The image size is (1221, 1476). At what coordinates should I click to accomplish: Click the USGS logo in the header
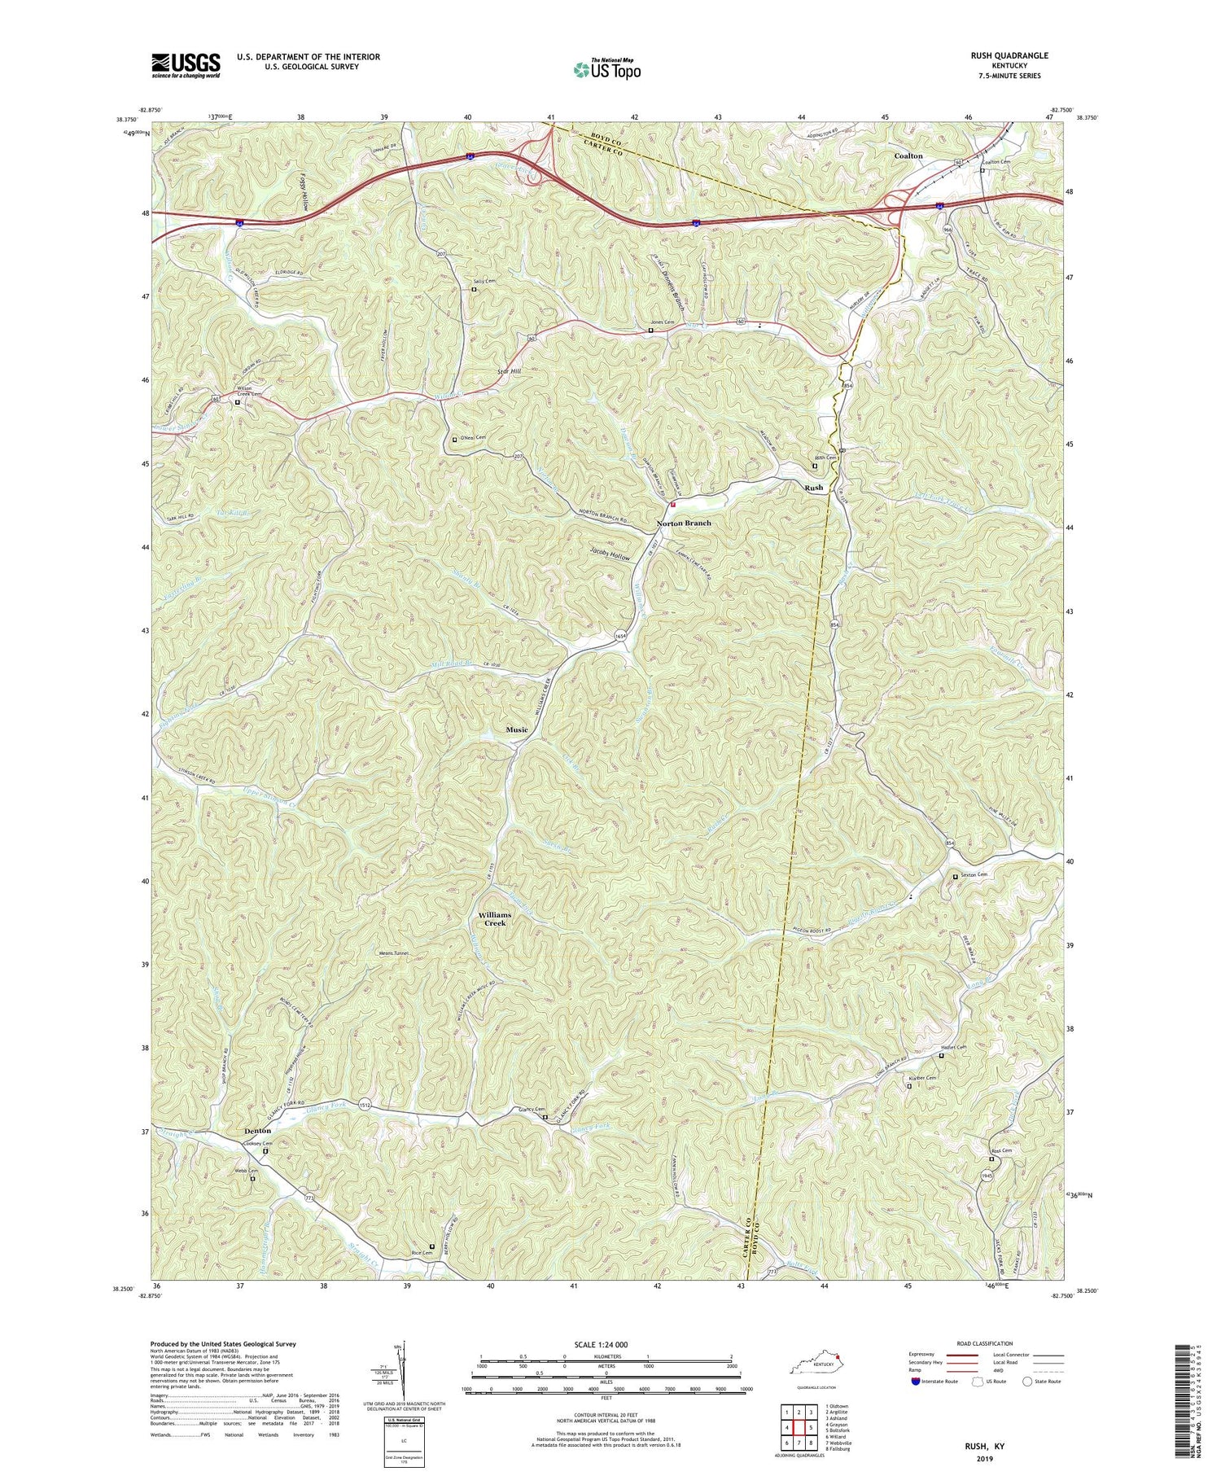tap(186, 65)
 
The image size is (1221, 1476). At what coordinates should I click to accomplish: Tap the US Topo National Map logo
tap(606, 69)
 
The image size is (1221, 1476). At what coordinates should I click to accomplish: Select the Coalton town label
tap(908, 155)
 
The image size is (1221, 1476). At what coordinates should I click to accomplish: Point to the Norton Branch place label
tap(684, 523)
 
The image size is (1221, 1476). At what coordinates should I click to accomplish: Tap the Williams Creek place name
tap(495, 919)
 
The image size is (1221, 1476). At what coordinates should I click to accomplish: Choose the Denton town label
tap(257, 1131)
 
